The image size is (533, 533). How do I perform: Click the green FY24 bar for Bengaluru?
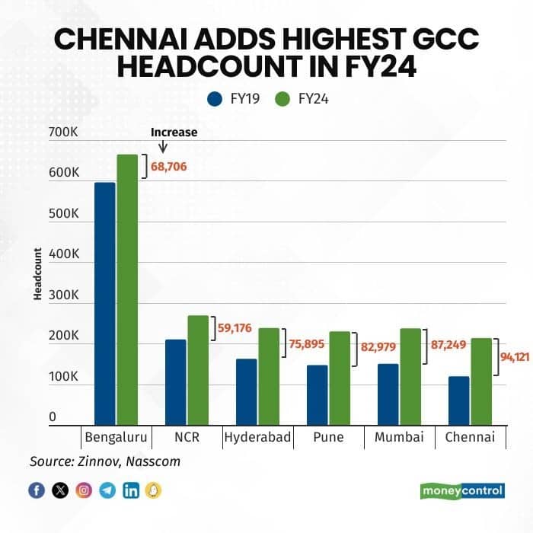click(x=127, y=289)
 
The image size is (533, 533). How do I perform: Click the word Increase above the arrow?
click(x=174, y=132)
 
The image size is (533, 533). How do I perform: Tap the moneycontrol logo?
click(x=462, y=490)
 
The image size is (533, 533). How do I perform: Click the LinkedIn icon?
click(x=131, y=490)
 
